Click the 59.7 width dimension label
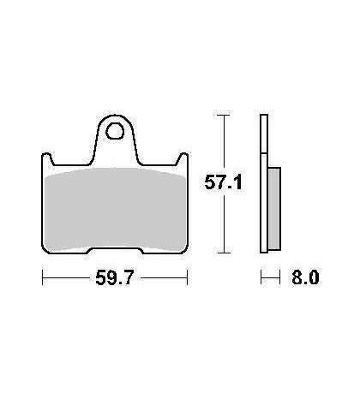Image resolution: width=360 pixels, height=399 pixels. click(x=114, y=277)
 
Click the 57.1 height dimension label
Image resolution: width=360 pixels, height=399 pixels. click(x=223, y=182)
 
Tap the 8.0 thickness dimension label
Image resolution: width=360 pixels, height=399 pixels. click(x=305, y=277)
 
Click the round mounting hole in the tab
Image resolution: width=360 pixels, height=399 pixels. click(x=115, y=131)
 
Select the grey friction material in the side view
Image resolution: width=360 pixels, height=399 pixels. click(x=274, y=209)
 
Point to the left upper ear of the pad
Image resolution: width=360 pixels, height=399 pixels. click(x=47, y=158)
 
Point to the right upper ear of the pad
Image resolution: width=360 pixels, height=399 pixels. click(x=183, y=158)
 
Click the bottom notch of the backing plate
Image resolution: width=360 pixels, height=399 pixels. click(x=115, y=250)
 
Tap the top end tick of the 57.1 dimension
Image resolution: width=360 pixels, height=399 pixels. click(x=223, y=115)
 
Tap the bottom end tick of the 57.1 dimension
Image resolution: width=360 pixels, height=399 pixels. click(x=223, y=253)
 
